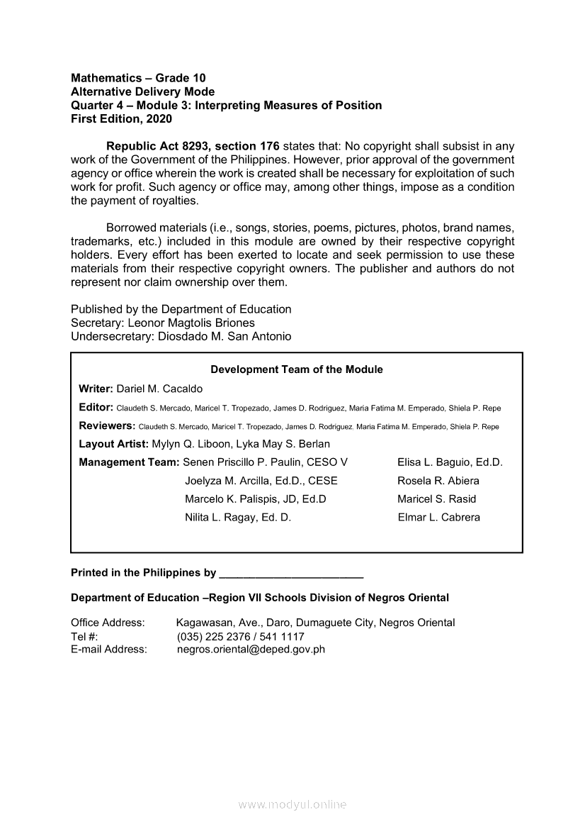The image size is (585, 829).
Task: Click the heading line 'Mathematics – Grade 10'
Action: coord(138,78)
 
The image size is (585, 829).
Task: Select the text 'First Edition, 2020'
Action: coord(121,119)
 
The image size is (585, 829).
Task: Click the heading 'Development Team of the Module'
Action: coord(297,369)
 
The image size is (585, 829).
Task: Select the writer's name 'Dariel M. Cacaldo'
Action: coord(159,389)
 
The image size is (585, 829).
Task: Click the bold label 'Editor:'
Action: coord(96,407)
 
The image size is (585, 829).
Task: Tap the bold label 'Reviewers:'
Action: coord(107,425)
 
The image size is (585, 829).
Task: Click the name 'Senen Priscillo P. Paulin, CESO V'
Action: coord(266,462)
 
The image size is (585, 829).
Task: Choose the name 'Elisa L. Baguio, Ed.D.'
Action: coord(450,462)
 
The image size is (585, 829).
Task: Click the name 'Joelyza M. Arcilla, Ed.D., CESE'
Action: coord(261,481)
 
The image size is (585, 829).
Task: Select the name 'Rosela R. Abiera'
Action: coord(438,481)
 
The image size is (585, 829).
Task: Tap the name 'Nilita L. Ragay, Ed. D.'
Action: coord(238,518)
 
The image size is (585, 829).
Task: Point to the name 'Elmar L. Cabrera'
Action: coord(439,518)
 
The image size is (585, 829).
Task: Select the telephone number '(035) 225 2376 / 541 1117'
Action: coord(240,636)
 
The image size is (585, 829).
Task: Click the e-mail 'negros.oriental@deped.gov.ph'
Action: coord(251,649)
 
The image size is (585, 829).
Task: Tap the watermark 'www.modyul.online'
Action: coord(292,805)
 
